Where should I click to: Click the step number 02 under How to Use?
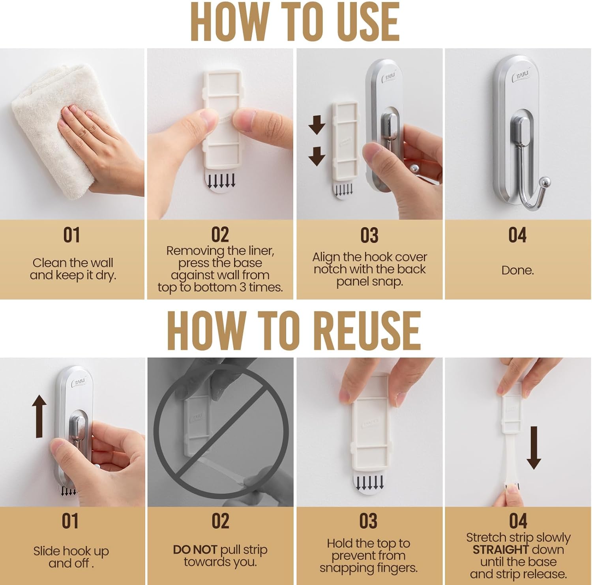coord(220,235)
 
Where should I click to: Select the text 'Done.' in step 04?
coord(517,270)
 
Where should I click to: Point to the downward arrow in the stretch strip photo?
coord(534,447)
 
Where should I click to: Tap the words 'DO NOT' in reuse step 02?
coord(195,550)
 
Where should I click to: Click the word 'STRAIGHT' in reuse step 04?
coord(501,550)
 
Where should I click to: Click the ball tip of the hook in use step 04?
coord(545,183)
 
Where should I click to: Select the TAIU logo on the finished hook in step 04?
coord(521,75)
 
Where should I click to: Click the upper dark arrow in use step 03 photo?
coord(317,125)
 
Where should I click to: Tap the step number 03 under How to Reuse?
coord(368,521)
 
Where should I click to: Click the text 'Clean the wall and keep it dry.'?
coord(73,269)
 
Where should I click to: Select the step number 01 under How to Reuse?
coord(70,521)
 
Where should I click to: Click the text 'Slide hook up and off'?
coord(71,557)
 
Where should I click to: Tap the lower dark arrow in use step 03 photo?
coord(317,156)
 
